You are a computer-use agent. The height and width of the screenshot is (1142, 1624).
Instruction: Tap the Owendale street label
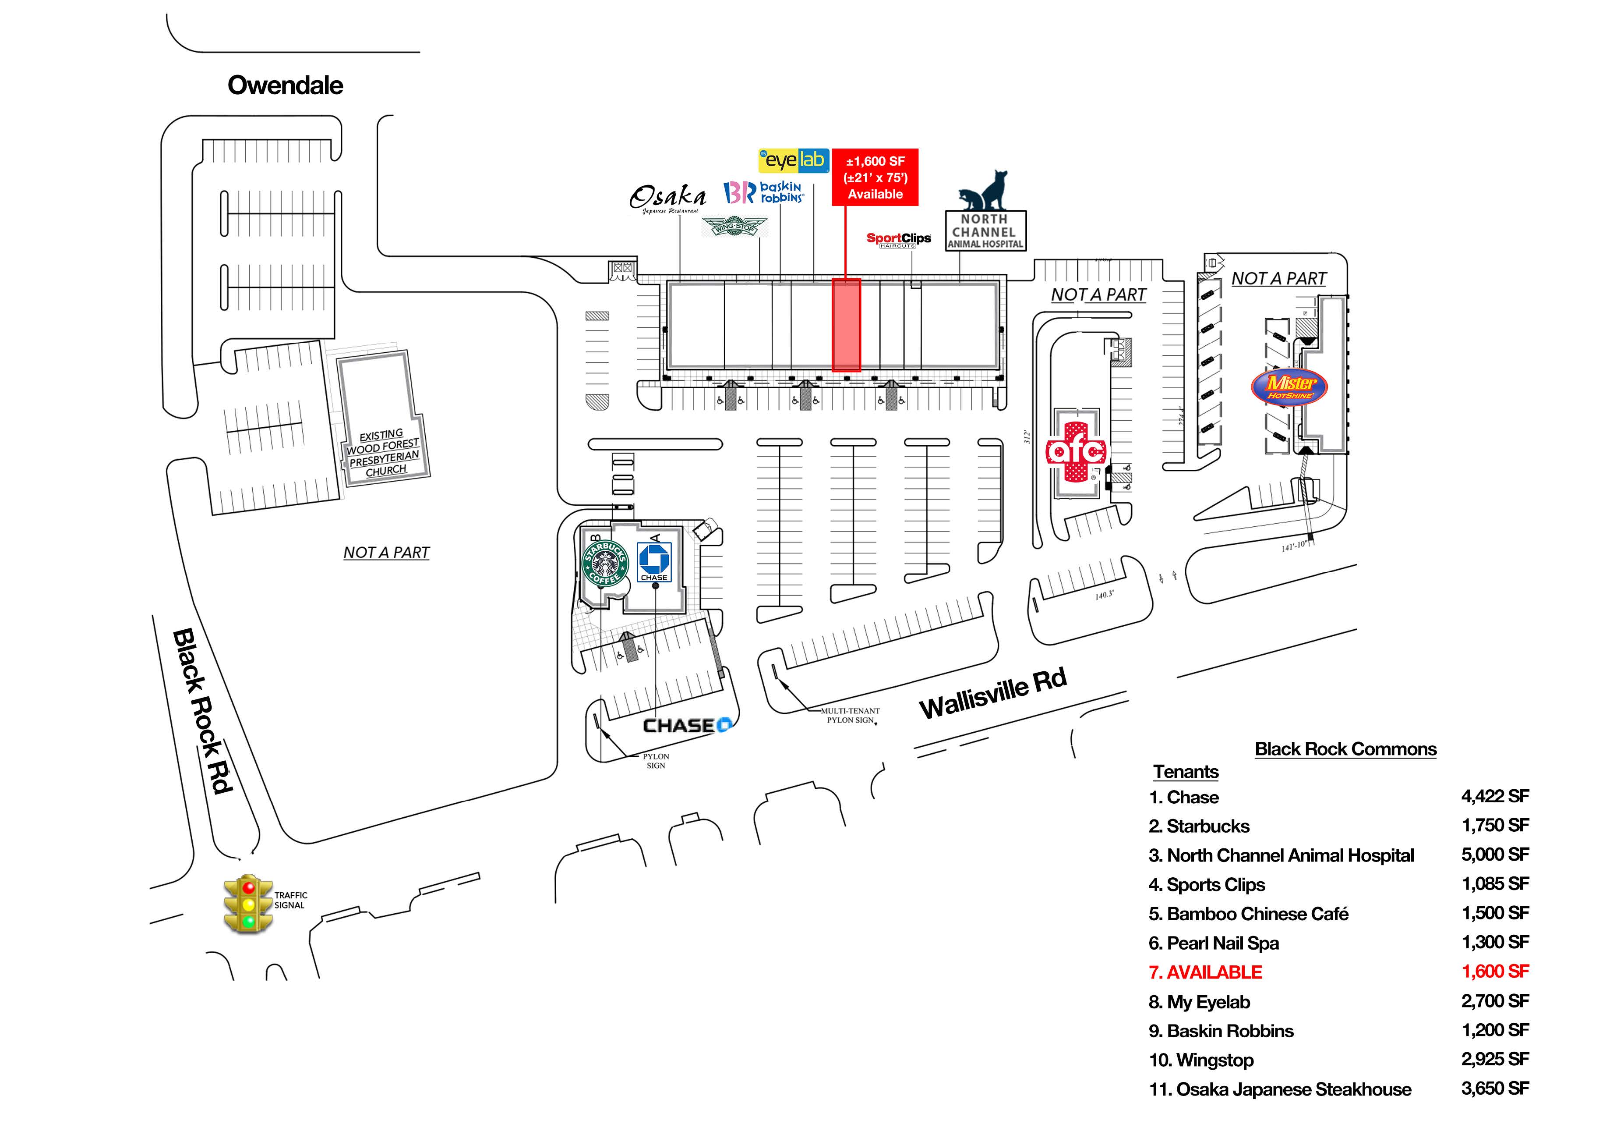click(x=285, y=85)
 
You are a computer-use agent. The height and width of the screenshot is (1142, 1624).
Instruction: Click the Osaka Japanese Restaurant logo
click(x=667, y=198)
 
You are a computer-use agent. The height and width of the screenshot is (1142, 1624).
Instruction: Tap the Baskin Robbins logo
click(x=763, y=192)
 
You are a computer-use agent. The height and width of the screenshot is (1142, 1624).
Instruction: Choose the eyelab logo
click(x=794, y=161)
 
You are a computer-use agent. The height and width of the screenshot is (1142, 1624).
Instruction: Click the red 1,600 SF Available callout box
click(x=875, y=177)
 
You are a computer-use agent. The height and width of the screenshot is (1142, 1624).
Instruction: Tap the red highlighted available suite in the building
click(x=846, y=325)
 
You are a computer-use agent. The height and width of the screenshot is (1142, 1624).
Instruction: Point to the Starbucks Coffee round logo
click(x=605, y=563)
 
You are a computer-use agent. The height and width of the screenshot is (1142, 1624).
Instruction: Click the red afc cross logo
click(x=1076, y=451)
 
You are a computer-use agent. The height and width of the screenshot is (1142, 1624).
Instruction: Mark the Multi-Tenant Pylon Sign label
click(x=850, y=715)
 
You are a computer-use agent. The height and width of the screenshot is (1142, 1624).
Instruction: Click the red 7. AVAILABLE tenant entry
click(x=1205, y=972)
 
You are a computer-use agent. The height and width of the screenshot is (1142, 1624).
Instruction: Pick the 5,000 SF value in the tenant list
click(x=1494, y=855)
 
